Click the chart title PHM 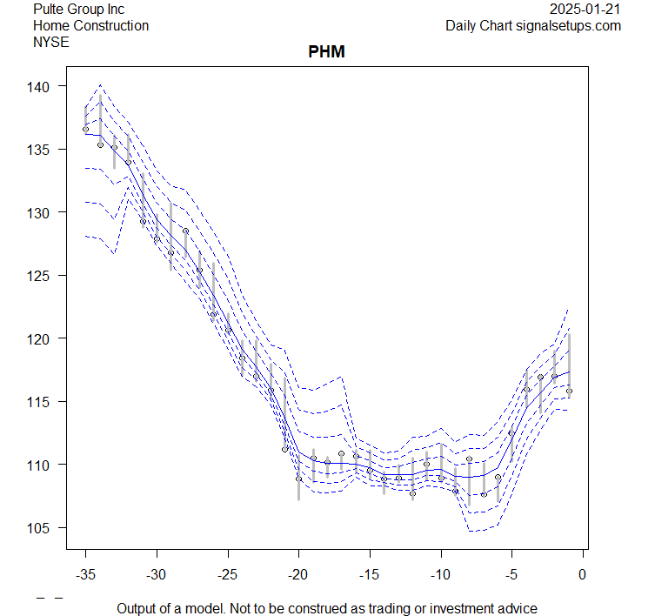click(x=327, y=52)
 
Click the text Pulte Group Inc click(x=79, y=9)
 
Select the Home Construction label click(x=90, y=25)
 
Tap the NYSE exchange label click(x=50, y=42)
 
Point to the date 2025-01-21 click(x=585, y=9)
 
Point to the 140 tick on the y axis click(x=49, y=86)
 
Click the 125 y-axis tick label click(x=49, y=276)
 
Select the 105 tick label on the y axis click(x=49, y=528)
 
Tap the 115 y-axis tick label click(x=49, y=402)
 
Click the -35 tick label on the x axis click(x=85, y=574)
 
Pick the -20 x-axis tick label click(x=298, y=574)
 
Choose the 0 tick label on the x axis click(x=583, y=574)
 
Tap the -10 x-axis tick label click(x=440, y=574)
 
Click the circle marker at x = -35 click(x=85, y=129)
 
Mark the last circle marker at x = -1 click(x=569, y=391)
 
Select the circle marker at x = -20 click(x=298, y=478)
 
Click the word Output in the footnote click(x=139, y=608)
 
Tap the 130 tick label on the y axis click(x=49, y=212)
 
